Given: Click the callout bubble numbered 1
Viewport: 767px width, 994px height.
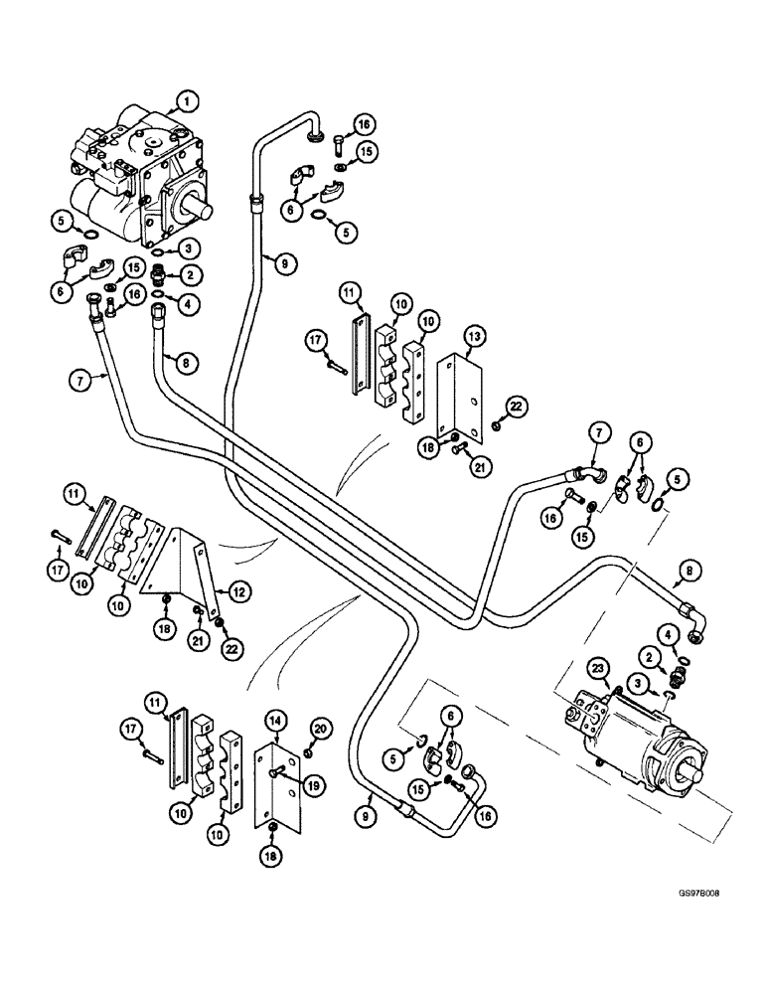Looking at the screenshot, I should (x=186, y=98).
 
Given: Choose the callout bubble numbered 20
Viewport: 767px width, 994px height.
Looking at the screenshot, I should (x=319, y=732).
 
